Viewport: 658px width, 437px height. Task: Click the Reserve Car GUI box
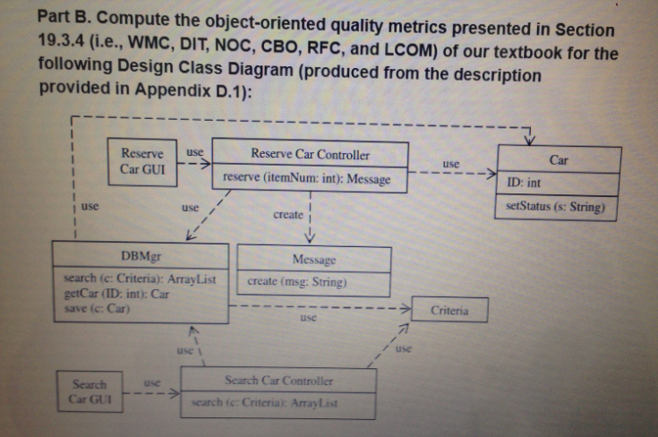pyautogui.click(x=142, y=161)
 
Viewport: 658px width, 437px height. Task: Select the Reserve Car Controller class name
pyautogui.click(x=310, y=154)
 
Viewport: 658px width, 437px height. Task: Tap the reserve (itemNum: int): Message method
pyautogui.click(x=307, y=179)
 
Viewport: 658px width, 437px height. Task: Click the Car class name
pyautogui.click(x=559, y=159)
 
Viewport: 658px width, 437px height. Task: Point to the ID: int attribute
pyautogui.click(x=524, y=184)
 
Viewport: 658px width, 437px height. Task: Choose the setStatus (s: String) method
pyautogui.click(x=555, y=208)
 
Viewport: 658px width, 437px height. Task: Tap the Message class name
pyautogui.click(x=313, y=260)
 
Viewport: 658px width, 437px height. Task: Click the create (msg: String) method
pyautogui.click(x=296, y=282)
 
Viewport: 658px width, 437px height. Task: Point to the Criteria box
pyautogui.click(x=449, y=311)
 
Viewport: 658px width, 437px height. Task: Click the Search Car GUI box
pyautogui.click(x=90, y=390)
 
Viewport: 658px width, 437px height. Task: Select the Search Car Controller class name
pyautogui.click(x=279, y=381)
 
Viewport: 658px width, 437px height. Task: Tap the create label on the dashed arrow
pyautogui.click(x=287, y=215)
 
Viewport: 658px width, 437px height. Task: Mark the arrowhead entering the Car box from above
pyautogui.click(x=530, y=140)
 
